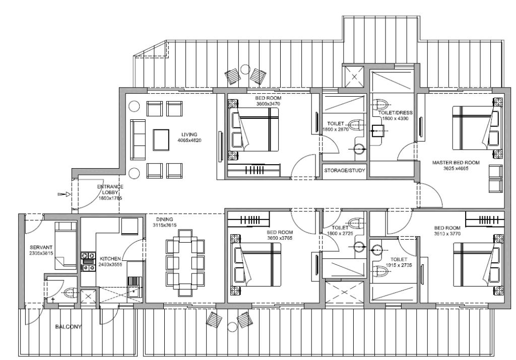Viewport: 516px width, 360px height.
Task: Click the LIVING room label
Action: [x=189, y=134]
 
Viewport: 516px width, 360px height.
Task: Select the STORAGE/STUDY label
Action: [x=345, y=171]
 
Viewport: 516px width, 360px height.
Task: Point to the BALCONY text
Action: [x=69, y=327]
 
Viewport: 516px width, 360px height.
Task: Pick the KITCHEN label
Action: [x=110, y=259]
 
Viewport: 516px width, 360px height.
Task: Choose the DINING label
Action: [x=165, y=220]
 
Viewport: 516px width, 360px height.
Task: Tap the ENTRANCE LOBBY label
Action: [x=110, y=189]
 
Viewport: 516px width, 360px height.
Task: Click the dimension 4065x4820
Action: [x=189, y=140]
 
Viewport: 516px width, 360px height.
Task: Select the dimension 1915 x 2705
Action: [x=399, y=265]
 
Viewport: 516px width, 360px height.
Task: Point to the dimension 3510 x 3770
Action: [x=447, y=234]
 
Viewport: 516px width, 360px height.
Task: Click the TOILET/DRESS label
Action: [x=395, y=113]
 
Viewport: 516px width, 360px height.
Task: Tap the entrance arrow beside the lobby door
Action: [x=64, y=195]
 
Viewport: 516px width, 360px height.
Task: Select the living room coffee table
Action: [x=161, y=140]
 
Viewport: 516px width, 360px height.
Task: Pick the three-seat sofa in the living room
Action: [x=138, y=140]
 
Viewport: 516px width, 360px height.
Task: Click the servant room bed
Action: [x=66, y=246]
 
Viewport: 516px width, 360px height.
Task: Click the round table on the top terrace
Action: [x=245, y=69]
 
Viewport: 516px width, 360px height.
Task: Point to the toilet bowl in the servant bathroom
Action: [x=70, y=293]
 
